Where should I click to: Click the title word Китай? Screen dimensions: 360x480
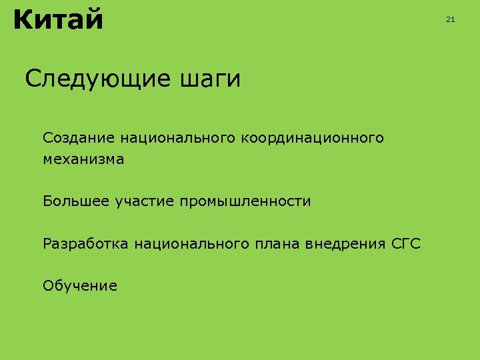coord(58,20)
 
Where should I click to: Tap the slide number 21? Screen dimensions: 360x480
coord(450,20)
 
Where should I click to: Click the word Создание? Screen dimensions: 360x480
coord(79,138)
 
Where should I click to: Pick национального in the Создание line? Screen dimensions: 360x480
coord(178,138)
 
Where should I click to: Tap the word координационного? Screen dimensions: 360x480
coord(313,138)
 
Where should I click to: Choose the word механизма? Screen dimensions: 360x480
coord(83,159)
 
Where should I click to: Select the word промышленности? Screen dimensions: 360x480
coord(245,201)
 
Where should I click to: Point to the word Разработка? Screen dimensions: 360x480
coord(86,244)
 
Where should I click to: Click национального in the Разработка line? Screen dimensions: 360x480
coord(192,244)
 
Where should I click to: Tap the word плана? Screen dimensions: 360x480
coord(277,244)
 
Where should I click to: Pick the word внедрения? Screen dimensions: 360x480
coord(345,244)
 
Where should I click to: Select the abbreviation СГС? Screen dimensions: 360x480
coord(406,244)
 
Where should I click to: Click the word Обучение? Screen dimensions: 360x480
coord(80,287)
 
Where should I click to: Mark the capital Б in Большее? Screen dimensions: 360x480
coord(47,201)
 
